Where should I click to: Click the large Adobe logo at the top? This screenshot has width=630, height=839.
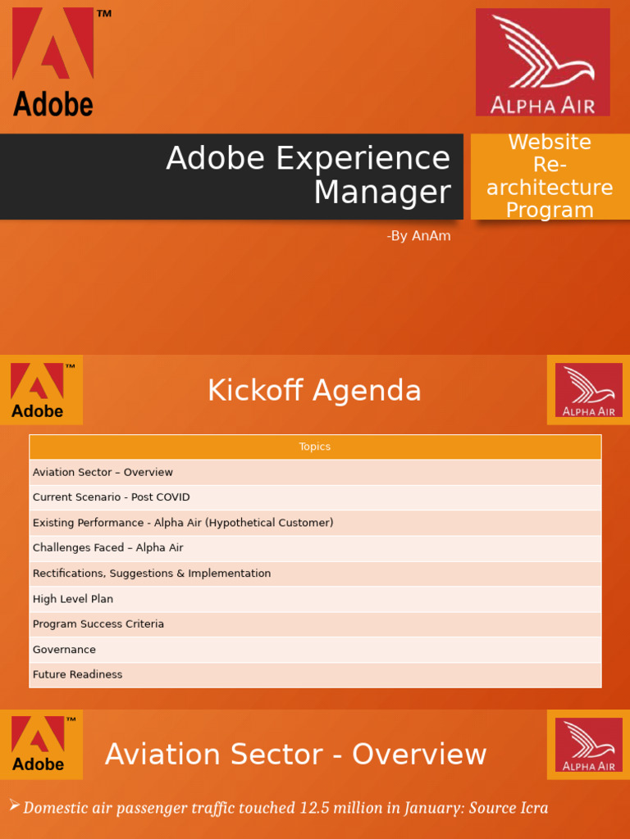53,61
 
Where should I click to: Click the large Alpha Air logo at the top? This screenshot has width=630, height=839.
542,62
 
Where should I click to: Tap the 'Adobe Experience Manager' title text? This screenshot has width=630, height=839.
308,175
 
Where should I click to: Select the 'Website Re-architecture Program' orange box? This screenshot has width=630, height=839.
550,176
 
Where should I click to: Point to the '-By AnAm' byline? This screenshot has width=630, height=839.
418,236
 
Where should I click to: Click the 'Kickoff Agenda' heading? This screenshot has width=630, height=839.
314,391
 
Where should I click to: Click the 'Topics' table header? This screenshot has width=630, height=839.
315,447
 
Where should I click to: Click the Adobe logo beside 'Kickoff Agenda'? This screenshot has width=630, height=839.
41,390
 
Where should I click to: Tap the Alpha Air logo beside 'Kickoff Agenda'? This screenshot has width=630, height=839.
588,390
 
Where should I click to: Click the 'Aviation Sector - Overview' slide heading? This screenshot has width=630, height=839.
295,754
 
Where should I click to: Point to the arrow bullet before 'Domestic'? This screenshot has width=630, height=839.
14,807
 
